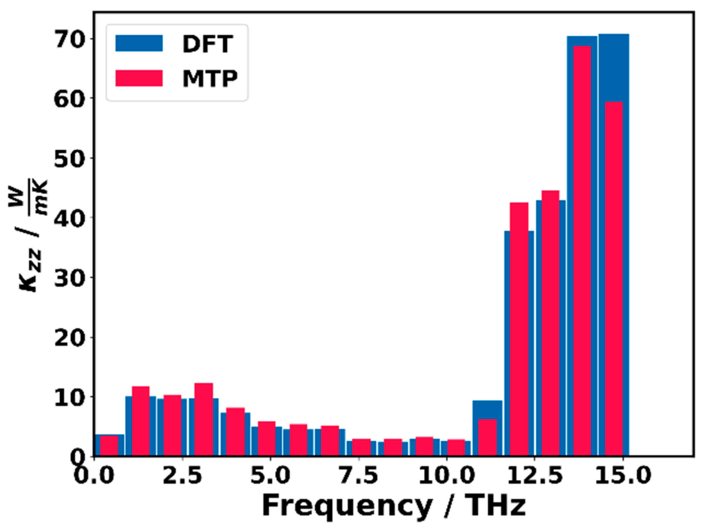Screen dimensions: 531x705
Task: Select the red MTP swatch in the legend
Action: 139,78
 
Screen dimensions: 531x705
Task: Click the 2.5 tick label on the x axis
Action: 182,475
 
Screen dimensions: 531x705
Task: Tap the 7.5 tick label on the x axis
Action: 358,475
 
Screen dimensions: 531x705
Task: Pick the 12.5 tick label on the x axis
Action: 534,475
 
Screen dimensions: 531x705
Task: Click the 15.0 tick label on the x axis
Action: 623,475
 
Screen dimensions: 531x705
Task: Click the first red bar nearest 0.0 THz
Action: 109,445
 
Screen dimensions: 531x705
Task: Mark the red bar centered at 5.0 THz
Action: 267,438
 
